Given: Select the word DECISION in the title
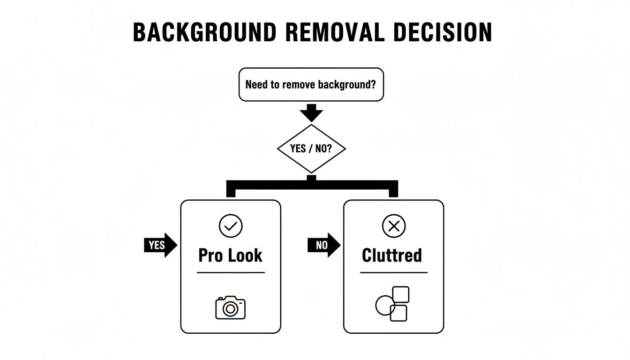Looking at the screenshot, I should tap(443, 32).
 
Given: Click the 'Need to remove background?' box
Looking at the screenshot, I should tap(311, 84).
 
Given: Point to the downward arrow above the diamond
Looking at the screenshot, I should tap(311, 113).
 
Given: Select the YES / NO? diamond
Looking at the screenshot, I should tap(311, 149).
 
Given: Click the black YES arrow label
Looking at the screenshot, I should tap(160, 245).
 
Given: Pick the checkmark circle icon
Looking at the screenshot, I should tap(231, 226).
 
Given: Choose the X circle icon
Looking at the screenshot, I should tap(394, 226).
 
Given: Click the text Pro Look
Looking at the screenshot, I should tap(231, 255).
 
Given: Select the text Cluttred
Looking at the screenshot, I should tap(392, 255).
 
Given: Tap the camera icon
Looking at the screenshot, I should tap(231, 307).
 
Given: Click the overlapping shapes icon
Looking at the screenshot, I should tap(393, 304).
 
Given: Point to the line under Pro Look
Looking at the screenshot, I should tap(231, 272).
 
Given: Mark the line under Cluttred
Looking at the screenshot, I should tap(394, 272).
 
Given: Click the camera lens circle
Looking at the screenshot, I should tap(230, 309).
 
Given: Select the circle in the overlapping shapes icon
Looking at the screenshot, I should tap(384, 305).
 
